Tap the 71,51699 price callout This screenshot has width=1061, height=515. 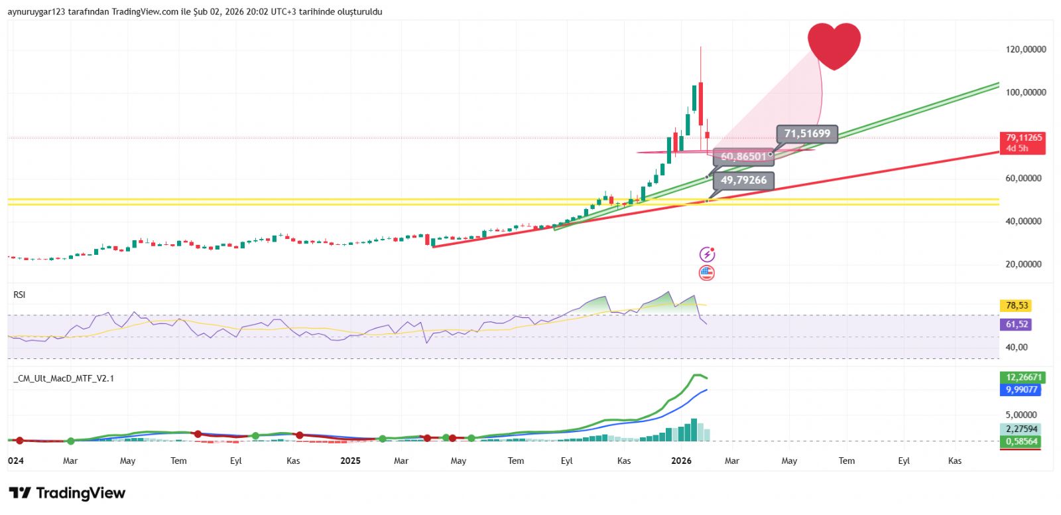tap(806, 134)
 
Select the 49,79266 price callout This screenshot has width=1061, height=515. tap(743, 181)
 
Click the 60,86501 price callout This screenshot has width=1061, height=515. tap(743, 157)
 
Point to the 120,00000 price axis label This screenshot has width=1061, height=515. tap(1025, 49)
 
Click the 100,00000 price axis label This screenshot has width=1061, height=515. tap(1025, 92)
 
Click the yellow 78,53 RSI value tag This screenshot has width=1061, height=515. tap(1017, 306)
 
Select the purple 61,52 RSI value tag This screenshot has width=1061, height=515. tap(1017, 325)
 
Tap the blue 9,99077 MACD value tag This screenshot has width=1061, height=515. tap(1021, 390)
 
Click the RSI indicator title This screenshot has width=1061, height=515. tap(19, 295)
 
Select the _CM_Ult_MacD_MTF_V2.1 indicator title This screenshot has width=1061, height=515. tap(64, 378)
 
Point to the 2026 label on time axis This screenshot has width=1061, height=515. tap(681, 461)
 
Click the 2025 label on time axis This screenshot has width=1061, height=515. tap(350, 461)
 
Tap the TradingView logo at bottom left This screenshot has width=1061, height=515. tap(67, 493)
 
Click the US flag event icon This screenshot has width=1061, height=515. tap(707, 273)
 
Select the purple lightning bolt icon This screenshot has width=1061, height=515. tap(707, 254)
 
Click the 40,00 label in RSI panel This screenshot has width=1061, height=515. tap(1016, 347)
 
